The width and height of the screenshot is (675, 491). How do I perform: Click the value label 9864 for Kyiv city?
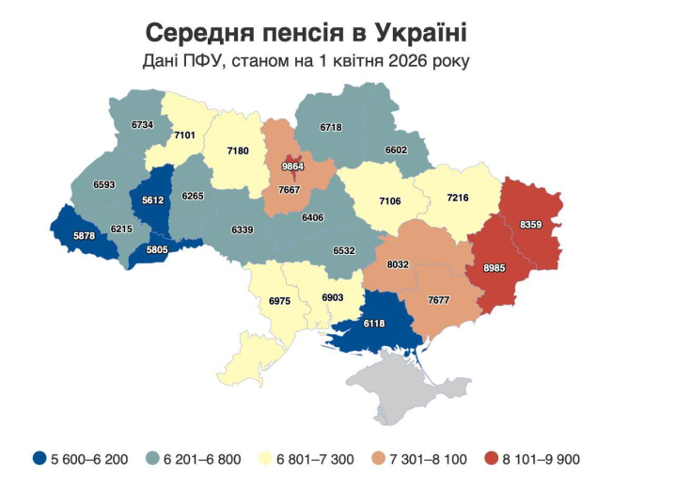click(293, 166)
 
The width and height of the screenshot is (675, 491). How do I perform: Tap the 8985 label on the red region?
click(494, 268)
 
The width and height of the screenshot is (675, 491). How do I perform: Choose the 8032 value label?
click(399, 265)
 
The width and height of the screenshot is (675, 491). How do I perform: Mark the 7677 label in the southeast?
click(439, 300)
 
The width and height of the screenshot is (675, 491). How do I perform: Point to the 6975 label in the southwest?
click(279, 301)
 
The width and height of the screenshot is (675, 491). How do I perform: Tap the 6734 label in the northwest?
click(142, 124)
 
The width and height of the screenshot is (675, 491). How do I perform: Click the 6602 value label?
click(397, 150)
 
